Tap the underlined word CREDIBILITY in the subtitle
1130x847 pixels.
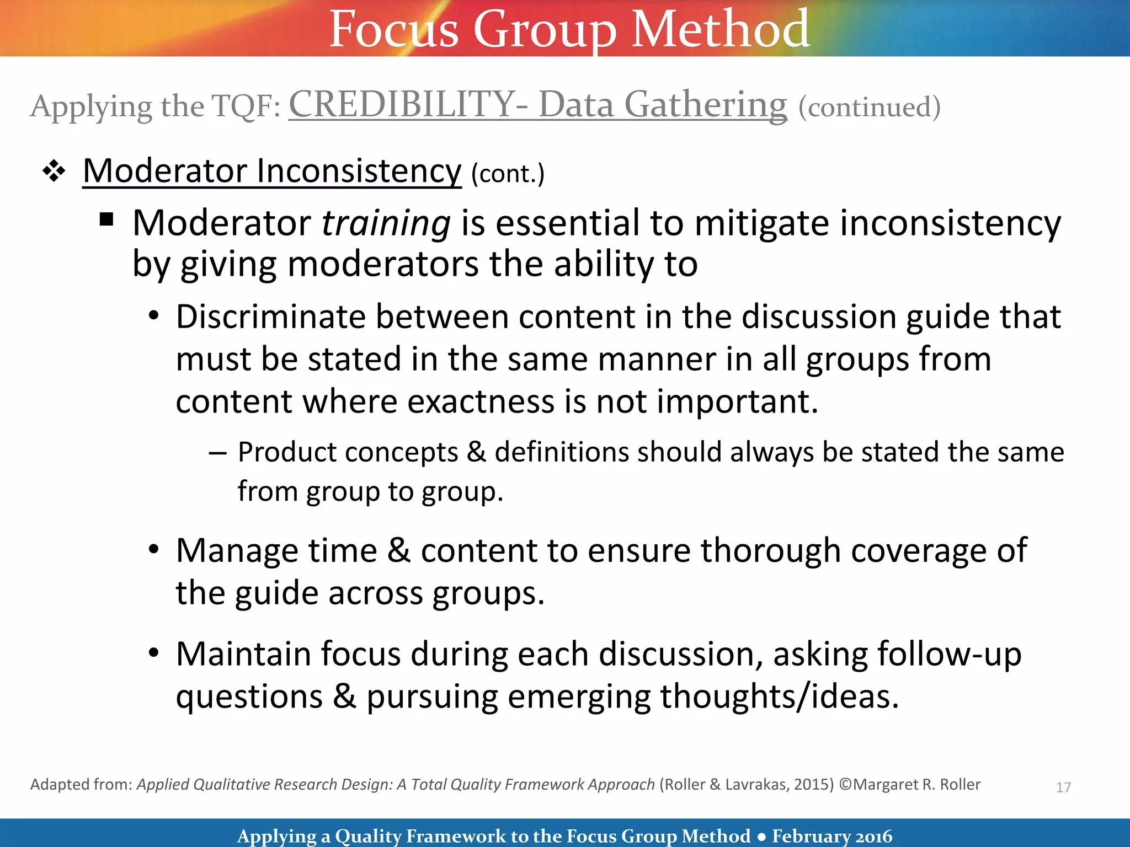(402, 105)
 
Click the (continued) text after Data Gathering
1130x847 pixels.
(869, 107)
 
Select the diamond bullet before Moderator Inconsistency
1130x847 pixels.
(54, 171)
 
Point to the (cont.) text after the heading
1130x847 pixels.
(508, 174)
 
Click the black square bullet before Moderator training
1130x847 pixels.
(106, 220)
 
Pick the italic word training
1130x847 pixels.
(386, 223)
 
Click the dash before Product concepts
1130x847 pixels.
(217, 453)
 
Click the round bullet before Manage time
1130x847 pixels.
(154, 549)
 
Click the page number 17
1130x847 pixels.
(1063, 787)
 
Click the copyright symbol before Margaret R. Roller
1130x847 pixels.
(845, 785)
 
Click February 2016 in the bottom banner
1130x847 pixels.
(831, 836)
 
